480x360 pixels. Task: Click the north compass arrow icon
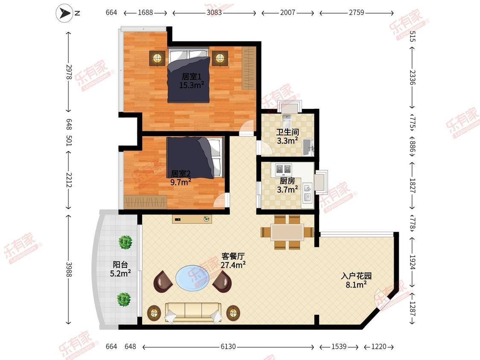coord(64,13)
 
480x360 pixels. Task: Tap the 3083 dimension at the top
coord(214,12)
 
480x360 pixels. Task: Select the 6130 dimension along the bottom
coord(228,346)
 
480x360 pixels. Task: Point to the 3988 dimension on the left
coord(69,270)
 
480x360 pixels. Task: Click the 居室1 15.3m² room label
coord(192,81)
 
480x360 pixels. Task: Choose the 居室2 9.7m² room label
coord(181,178)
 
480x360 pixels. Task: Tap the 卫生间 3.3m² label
coord(288,136)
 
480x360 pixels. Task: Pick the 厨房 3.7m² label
coord(288,185)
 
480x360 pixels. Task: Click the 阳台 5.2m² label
coord(120,269)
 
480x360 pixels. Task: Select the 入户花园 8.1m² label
coord(356,280)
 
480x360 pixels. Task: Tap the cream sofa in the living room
coord(193,312)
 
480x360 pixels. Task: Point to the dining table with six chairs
coord(287,232)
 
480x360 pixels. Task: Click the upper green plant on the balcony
coord(125,242)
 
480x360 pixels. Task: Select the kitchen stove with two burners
coord(283,169)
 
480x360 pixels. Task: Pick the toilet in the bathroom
coord(287,121)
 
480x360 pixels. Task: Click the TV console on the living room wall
coord(192,219)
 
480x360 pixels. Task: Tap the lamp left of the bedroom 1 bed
coord(157,58)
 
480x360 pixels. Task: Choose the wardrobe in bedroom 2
coord(146,202)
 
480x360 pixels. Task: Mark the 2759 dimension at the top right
coord(357,12)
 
